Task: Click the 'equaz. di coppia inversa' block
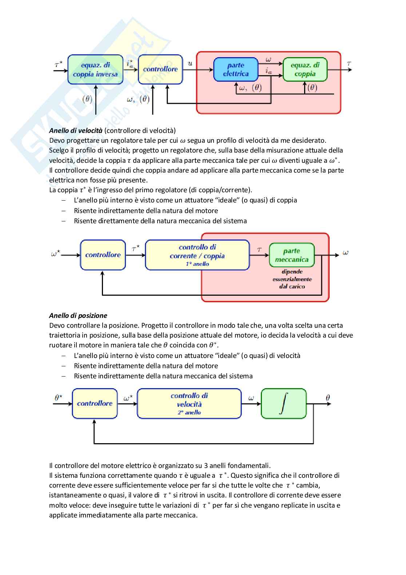coord(95,70)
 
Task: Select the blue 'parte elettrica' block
coord(235,70)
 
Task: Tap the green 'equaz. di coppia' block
coord(305,70)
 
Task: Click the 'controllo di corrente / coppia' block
coord(197,255)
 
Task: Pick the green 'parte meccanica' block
coord(292,255)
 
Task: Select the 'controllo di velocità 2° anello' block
coord(189,403)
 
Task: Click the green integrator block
coord(284,403)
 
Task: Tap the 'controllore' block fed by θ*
coord(95,403)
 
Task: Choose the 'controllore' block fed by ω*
coord(103,255)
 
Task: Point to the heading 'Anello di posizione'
coord(78,316)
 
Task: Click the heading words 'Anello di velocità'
coord(76,130)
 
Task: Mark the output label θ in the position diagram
coord(328,398)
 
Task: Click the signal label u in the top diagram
coord(190,64)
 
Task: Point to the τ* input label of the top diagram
coord(58,64)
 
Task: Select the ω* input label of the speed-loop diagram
coord(56,254)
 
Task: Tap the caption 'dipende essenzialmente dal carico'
coord(292,279)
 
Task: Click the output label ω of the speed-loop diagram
coord(346,253)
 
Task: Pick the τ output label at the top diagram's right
coord(349,64)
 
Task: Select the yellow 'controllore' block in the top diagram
coord(160,70)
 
